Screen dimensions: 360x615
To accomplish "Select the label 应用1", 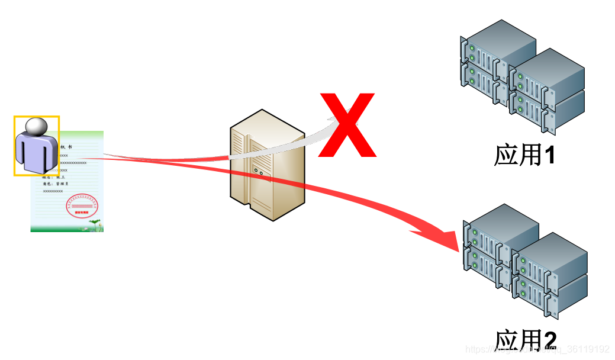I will (x=524, y=155).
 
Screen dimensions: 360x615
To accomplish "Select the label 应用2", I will (x=526, y=341).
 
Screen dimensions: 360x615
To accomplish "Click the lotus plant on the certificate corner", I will (x=95, y=224).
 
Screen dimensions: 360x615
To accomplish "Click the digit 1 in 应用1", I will (x=549, y=156).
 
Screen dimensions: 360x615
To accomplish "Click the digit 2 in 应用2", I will (x=550, y=341).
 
